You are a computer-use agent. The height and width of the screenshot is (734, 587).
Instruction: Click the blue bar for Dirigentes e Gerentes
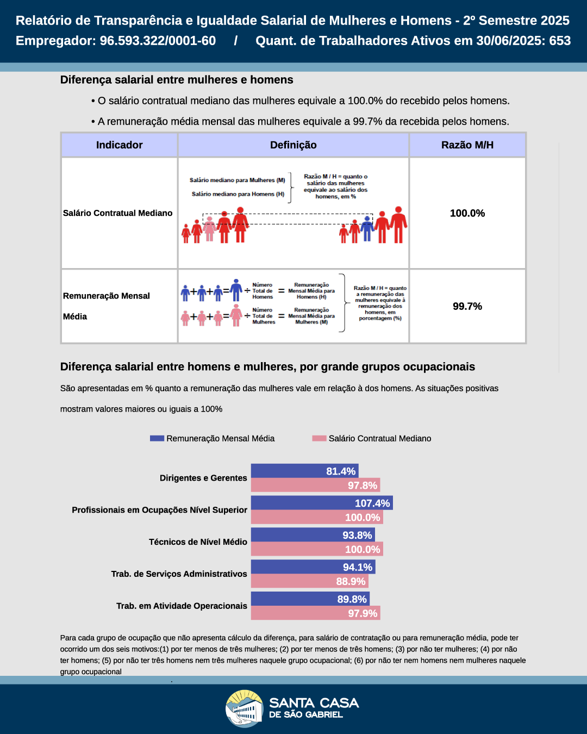[304, 471]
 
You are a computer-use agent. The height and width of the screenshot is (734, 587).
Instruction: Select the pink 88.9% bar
[309, 581]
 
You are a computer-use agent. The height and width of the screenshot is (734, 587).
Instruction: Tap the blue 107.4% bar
[321, 503]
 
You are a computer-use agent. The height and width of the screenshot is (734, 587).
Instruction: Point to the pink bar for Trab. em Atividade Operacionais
[315, 613]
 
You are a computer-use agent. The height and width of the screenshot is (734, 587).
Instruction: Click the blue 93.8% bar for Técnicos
[313, 535]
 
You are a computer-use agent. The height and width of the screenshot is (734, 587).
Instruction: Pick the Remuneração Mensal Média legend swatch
[157, 438]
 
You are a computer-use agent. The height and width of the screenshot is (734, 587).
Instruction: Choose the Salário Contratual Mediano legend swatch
[319, 438]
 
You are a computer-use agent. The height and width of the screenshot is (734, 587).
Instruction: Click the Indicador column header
[119, 145]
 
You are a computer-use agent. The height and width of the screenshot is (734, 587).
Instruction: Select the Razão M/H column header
[467, 145]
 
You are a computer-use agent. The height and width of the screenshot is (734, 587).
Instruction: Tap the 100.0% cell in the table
[467, 213]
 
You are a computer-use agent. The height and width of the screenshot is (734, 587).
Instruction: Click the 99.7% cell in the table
[467, 306]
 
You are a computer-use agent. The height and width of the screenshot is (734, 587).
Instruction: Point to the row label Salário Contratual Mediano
[117, 213]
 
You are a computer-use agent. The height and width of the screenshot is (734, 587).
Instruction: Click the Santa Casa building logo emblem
[245, 708]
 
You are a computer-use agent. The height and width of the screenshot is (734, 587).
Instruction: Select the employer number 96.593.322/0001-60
[158, 41]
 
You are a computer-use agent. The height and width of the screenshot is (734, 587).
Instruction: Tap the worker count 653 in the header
[560, 41]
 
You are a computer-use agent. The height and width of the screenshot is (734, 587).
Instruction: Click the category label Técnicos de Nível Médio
[198, 542]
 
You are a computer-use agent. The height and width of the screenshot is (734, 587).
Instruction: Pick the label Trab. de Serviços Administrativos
[179, 574]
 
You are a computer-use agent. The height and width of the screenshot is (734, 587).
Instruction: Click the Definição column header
[293, 145]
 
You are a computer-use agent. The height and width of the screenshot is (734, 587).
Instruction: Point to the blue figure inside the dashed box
[367, 228]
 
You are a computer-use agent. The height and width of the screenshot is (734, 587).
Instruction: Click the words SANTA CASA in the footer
[314, 703]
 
